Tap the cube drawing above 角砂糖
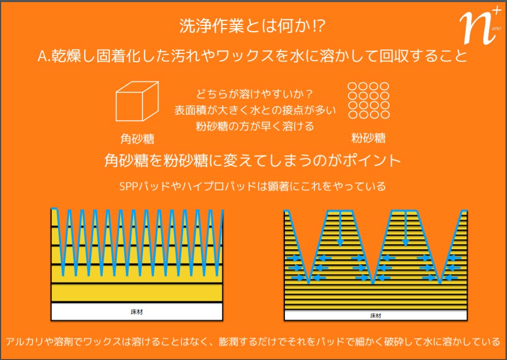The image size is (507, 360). [136, 105]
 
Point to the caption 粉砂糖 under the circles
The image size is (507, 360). [368, 138]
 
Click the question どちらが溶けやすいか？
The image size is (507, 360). [254, 95]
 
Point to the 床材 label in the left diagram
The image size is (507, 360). [137, 312]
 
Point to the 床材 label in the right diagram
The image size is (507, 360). [376, 314]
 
